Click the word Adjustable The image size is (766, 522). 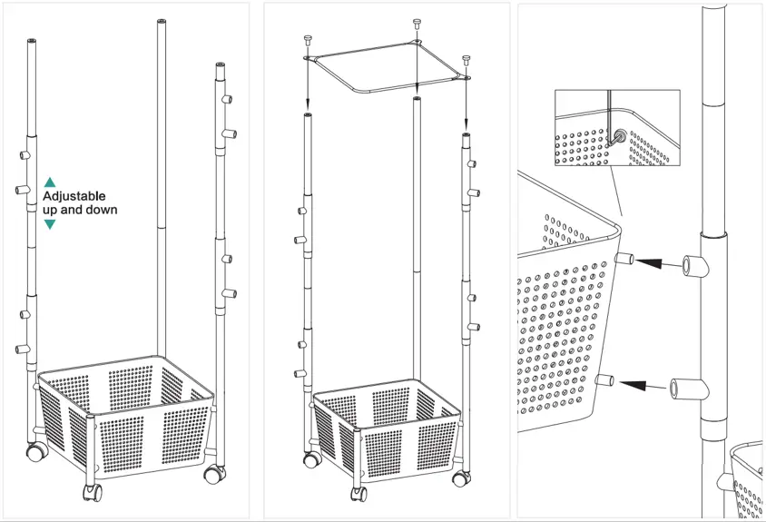tap(74, 196)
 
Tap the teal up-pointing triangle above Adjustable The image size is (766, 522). tap(50, 182)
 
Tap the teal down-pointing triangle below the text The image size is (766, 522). tap(50, 223)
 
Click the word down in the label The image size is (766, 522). tap(100, 210)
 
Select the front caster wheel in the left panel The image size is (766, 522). tap(93, 492)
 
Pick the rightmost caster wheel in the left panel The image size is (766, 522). tap(214, 473)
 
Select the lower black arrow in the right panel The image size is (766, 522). tap(646, 386)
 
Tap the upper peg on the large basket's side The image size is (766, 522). tap(624, 261)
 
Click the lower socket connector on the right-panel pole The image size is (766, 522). tap(686, 389)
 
